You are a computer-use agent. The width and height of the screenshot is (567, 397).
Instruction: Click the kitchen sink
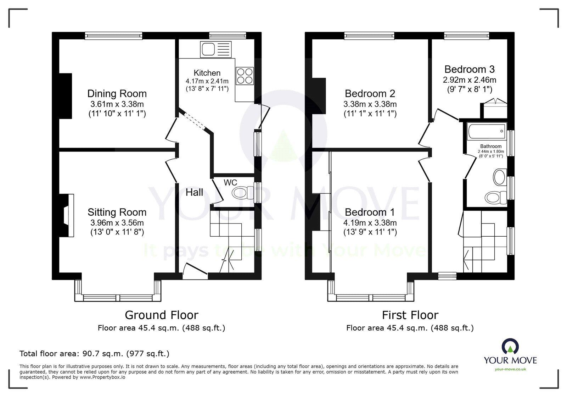click(x=216, y=49)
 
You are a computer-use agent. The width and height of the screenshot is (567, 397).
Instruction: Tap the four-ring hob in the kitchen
click(x=245, y=76)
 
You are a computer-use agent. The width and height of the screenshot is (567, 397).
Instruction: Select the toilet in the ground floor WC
click(x=242, y=193)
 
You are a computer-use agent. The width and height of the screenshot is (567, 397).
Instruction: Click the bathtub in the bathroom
click(x=487, y=131)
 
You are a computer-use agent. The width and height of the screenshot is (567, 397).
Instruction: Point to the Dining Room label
click(x=117, y=94)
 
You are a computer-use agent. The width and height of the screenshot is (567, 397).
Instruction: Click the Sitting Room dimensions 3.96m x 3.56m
click(x=117, y=223)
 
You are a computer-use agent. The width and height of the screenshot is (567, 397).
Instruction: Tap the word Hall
click(x=194, y=192)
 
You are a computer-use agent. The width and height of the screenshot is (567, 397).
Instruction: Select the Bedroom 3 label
click(x=470, y=69)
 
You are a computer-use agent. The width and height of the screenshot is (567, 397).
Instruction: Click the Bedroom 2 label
click(x=370, y=94)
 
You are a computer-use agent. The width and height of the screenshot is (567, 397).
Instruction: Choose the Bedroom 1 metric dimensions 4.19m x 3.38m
click(x=370, y=223)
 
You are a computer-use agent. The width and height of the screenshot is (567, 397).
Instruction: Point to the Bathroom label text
click(x=491, y=146)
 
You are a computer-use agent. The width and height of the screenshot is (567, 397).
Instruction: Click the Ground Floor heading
click(x=162, y=315)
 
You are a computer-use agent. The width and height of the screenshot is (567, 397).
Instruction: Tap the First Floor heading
click(x=410, y=315)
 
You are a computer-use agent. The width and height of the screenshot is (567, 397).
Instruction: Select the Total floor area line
click(x=94, y=353)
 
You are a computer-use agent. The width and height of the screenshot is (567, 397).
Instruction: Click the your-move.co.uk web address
click(x=510, y=369)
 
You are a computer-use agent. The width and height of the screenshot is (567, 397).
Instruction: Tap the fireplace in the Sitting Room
click(x=67, y=215)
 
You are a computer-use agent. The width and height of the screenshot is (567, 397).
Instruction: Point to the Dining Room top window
click(x=114, y=36)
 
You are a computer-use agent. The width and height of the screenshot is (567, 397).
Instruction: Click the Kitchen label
click(x=207, y=73)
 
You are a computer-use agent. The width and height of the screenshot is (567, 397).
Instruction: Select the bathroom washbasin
click(x=499, y=177)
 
